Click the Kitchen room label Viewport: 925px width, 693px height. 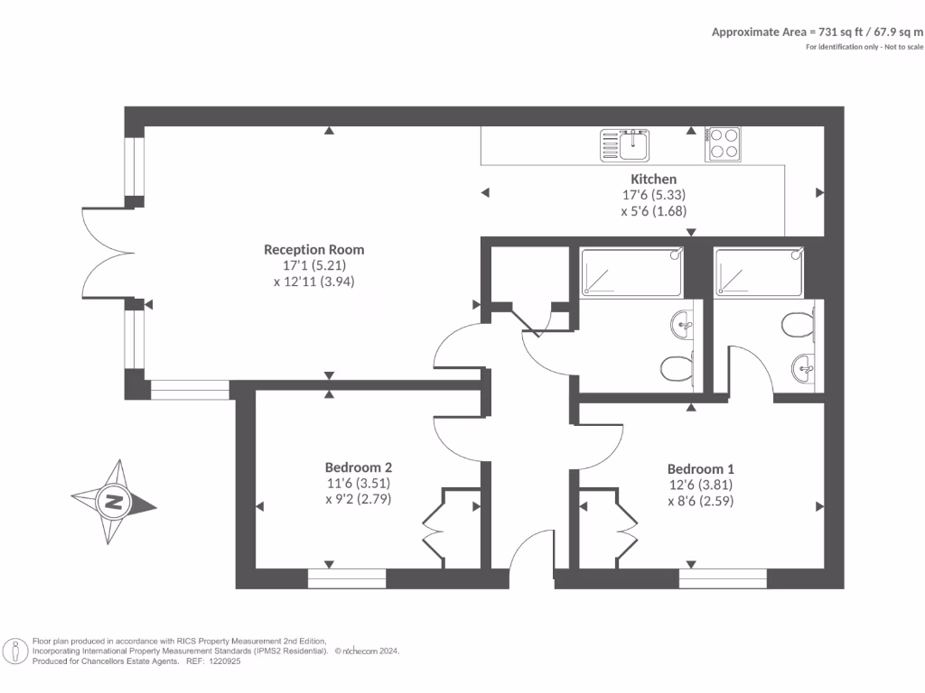pos(654,179)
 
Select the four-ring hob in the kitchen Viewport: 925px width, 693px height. pos(723,143)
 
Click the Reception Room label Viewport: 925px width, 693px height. pos(313,249)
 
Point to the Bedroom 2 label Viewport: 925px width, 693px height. pos(359,467)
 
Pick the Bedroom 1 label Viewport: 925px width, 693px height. pos(701,468)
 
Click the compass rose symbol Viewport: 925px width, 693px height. pos(114,502)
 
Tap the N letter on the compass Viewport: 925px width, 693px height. pos(114,502)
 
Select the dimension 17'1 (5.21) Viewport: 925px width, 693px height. pos(314,265)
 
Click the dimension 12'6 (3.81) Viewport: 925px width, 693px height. pos(701,485)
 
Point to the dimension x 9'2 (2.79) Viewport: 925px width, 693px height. pos(359,498)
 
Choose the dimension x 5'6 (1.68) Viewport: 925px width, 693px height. pos(654,211)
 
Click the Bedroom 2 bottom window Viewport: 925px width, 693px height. pos(347,578)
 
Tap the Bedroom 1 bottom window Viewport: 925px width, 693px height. pos(723,578)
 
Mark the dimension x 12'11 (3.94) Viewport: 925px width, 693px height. pos(314,282)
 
